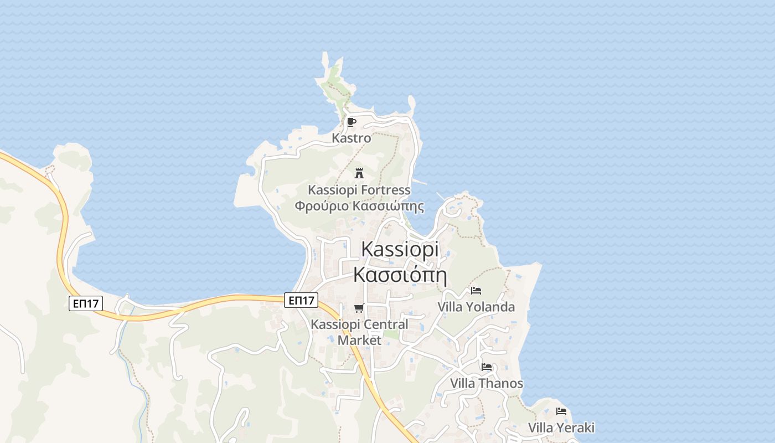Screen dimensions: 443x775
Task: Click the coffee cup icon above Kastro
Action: point(351,122)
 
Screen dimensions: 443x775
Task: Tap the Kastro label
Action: point(351,138)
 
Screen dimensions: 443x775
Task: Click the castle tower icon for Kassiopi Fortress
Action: point(359,173)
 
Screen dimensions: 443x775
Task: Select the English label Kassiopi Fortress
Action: point(359,190)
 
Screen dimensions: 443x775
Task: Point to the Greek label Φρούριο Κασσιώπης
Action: point(359,207)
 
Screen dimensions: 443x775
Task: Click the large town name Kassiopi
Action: point(400,249)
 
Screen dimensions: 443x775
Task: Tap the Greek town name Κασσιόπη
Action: point(400,275)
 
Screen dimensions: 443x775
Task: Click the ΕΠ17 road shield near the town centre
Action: point(302,301)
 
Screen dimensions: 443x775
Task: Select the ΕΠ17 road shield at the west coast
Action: point(86,303)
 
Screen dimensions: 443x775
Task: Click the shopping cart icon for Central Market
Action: point(359,308)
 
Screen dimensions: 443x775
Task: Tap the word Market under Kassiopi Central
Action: point(359,340)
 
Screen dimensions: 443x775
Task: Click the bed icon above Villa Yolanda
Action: point(476,291)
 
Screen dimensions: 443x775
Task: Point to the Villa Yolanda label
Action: point(476,307)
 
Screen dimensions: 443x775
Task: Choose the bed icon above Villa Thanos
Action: point(487,367)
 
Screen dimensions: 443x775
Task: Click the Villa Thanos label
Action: point(487,383)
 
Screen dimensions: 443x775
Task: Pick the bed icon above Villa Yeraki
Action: point(561,411)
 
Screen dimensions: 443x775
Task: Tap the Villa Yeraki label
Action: point(561,427)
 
